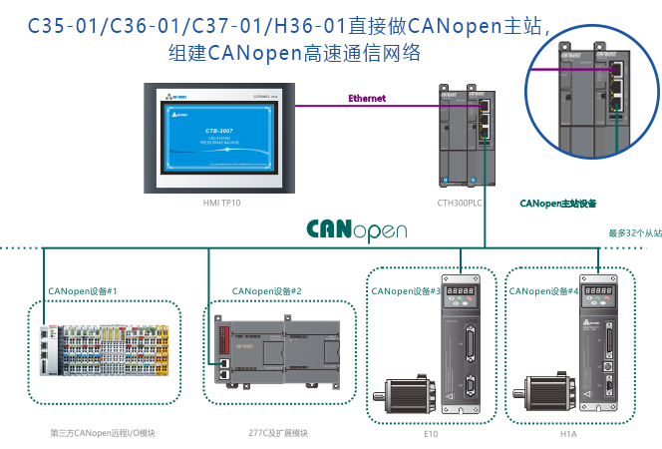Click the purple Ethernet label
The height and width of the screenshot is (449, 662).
tap(366, 99)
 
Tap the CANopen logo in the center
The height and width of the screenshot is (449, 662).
tap(356, 229)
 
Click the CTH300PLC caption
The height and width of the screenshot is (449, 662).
tap(460, 203)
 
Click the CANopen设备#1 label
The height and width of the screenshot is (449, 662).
tap(83, 291)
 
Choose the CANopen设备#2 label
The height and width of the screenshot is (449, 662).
tap(266, 291)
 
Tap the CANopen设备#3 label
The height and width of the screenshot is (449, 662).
tap(406, 291)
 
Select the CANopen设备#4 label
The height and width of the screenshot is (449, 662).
tap(544, 291)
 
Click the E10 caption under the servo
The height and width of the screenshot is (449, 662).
tap(431, 433)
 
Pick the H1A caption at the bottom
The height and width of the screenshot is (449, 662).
tap(569, 433)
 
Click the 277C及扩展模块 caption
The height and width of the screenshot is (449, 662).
tap(278, 433)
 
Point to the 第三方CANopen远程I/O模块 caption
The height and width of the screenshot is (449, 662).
tap(103, 433)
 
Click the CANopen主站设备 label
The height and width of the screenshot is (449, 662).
tap(557, 204)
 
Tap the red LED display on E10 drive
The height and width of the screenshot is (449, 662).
tap(461, 293)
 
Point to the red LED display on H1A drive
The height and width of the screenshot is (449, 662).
tap(599, 293)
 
